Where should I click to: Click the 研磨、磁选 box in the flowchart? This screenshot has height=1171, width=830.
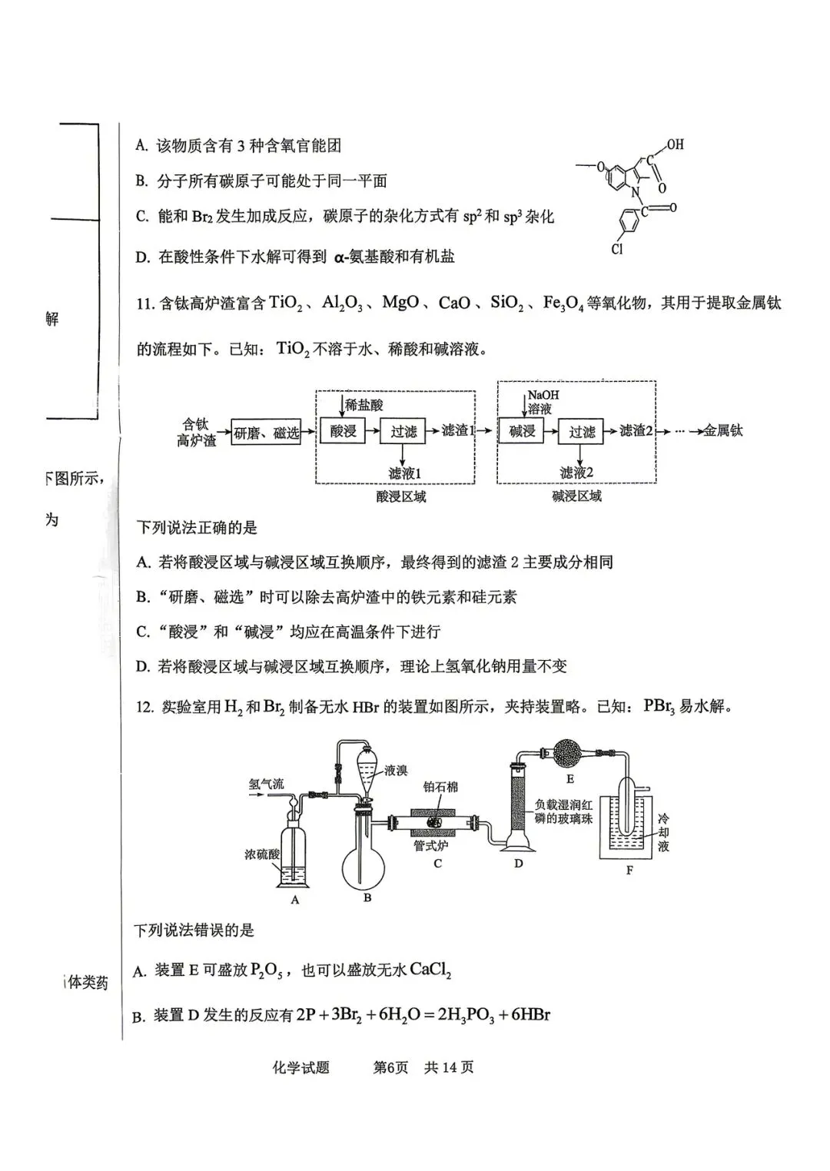(x=266, y=433)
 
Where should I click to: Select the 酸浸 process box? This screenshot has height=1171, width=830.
(x=343, y=431)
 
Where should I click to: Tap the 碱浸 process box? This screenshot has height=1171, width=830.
(x=522, y=431)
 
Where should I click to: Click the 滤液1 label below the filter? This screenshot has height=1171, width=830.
(x=404, y=473)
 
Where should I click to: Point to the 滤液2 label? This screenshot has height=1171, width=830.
(x=576, y=473)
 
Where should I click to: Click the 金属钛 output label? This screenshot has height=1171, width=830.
(x=723, y=431)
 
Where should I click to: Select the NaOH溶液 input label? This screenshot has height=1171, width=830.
(x=543, y=402)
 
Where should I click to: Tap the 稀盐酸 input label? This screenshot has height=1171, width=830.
(x=364, y=405)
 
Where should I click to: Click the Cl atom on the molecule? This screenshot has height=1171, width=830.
(x=617, y=249)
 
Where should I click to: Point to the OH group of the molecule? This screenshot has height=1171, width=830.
(x=675, y=144)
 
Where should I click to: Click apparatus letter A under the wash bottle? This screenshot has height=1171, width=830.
(x=295, y=900)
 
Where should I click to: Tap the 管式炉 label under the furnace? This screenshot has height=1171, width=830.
(x=430, y=845)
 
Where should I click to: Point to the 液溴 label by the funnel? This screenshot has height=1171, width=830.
(x=396, y=770)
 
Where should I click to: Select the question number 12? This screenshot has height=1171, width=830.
(x=144, y=707)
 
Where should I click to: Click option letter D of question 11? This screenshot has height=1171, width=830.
(x=142, y=667)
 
